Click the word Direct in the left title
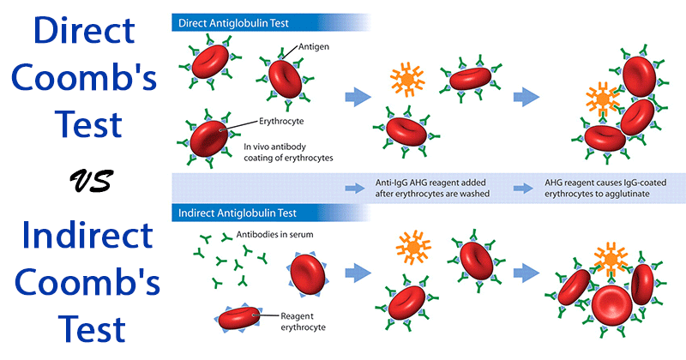[81, 32]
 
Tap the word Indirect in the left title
[81, 232]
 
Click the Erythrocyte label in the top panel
[282, 122]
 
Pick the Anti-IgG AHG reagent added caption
[422, 188]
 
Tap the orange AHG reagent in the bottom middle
[414, 246]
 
